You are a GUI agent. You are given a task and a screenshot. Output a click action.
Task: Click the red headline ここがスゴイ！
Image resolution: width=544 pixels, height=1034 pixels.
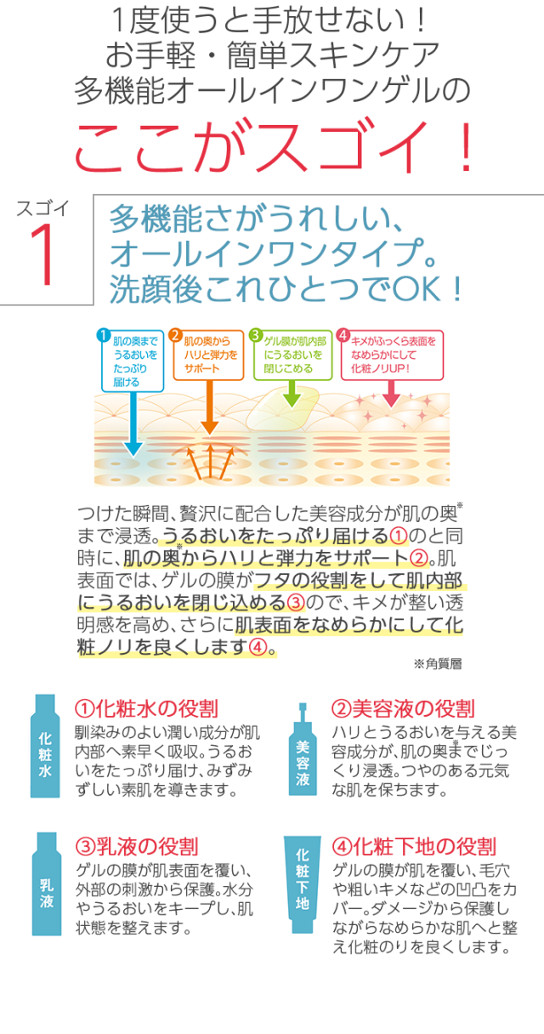click(272, 147)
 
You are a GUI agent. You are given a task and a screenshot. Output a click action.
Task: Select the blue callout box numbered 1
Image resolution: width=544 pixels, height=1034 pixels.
click(132, 361)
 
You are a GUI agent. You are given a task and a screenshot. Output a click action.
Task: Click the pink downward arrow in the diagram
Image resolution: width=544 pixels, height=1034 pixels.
click(392, 391)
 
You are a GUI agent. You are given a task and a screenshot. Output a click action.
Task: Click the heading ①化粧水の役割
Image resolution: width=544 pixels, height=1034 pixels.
click(146, 708)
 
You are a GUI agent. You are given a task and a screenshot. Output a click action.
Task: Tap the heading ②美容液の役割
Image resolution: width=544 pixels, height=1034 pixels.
click(402, 708)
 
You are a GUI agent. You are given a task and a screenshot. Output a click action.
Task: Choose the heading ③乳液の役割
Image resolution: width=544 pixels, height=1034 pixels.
click(136, 846)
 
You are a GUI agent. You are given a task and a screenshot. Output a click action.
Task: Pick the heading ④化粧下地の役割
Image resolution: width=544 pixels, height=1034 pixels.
click(412, 846)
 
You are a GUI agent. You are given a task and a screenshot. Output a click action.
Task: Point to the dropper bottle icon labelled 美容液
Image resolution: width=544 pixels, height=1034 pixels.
click(302, 748)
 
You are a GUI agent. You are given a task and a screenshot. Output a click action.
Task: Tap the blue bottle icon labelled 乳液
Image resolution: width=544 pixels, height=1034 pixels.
click(45, 884)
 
